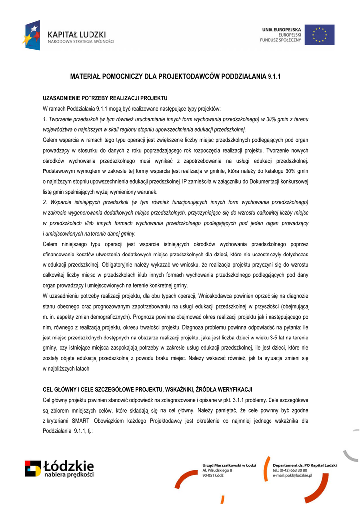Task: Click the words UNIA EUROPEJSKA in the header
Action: (x=281, y=30)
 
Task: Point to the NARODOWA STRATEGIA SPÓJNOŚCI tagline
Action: (x=81, y=42)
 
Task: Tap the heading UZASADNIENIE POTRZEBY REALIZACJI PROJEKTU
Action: (x=105, y=98)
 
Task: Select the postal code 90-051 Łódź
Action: (x=213, y=476)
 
